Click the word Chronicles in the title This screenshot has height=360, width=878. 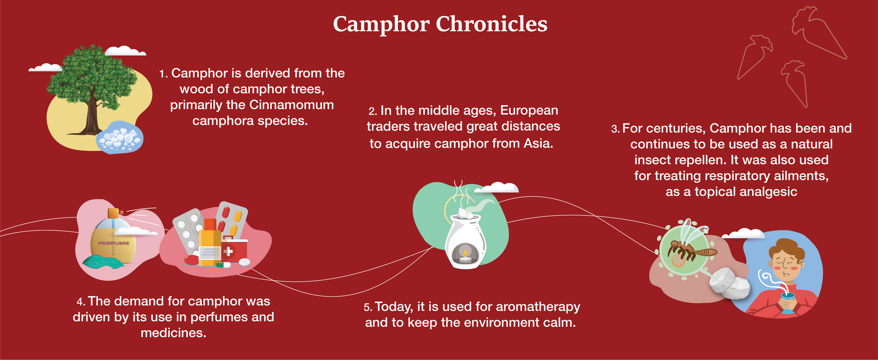(491, 24)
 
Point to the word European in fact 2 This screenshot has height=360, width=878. (529, 111)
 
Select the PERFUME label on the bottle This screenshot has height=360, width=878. (114, 243)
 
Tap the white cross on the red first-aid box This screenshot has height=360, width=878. (229, 251)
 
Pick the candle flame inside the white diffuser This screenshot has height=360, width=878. (465, 254)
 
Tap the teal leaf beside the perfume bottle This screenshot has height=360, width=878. (103, 261)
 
